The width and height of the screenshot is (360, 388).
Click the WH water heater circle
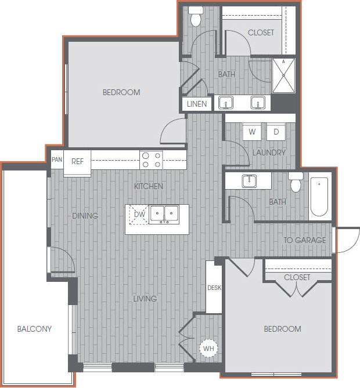(207, 349)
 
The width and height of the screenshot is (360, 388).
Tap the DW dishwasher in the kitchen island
(139, 215)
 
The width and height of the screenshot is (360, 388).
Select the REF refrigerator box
(78, 162)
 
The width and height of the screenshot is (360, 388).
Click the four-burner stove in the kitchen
(152, 159)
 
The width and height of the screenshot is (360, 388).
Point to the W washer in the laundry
(252, 132)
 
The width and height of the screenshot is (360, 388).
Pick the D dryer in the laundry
(276, 132)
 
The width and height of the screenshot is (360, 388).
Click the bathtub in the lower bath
(319, 197)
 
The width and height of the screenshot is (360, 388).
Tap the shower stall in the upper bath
(283, 75)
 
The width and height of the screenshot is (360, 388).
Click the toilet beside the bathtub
(296, 183)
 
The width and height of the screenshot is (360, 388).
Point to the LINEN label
(197, 104)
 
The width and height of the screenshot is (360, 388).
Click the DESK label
(214, 288)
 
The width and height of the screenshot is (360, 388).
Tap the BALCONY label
(34, 329)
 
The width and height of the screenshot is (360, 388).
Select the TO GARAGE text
(304, 240)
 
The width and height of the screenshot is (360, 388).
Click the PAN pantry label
(56, 159)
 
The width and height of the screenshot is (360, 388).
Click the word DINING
(85, 216)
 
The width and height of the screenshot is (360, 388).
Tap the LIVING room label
(145, 299)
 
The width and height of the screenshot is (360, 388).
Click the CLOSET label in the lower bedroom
(297, 277)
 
